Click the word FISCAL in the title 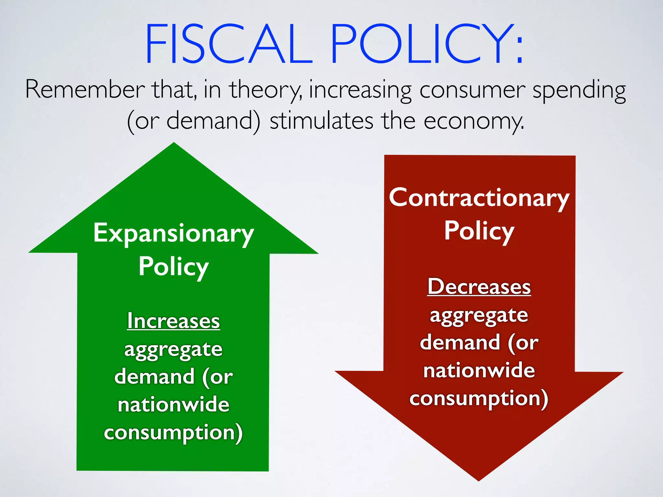[229, 44]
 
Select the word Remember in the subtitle [85, 90]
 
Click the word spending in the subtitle [579, 91]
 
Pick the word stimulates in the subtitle [321, 121]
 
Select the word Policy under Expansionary [174, 267]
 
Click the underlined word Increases [174, 321]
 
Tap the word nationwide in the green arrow [174, 404]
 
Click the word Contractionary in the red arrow [479, 198]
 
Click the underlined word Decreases [479, 287]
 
